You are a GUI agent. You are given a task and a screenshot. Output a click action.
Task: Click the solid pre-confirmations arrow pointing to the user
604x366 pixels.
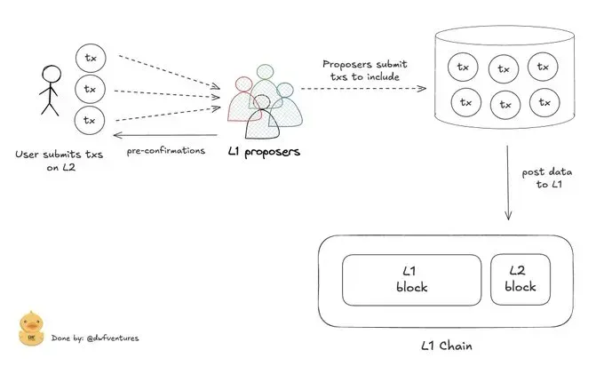pyautogui.click(x=165, y=135)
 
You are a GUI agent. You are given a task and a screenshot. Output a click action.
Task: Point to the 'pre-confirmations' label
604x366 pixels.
pyautogui.click(x=166, y=151)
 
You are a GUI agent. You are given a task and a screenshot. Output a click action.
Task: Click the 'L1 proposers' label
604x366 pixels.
pyautogui.click(x=265, y=152)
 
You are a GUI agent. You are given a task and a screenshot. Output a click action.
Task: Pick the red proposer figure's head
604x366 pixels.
pyautogui.click(x=244, y=84)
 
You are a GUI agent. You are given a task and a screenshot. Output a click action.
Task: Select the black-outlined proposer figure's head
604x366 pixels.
pyautogui.click(x=262, y=102)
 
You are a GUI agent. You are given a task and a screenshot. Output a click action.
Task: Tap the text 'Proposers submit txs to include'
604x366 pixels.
pyautogui.click(x=365, y=70)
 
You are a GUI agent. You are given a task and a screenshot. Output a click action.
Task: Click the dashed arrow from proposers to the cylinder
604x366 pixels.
pyautogui.click(x=363, y=89)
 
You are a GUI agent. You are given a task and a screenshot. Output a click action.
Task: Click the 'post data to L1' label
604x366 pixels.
pyautogui.click(x=547, y=178)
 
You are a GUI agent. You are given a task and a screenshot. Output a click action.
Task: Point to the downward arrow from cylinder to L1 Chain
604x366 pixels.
pyautogui.click(x=508, y=183)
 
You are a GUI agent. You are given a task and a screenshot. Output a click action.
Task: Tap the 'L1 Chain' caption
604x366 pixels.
pyautogui.click(x=447, y=346)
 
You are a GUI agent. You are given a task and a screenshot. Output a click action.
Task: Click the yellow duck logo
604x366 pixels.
pyautogui.click(x=31, y=328)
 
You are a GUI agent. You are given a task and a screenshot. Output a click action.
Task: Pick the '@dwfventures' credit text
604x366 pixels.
pyautogui.click(x=113, y=338)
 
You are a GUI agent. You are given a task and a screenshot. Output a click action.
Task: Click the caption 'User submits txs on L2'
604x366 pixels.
pyautogui.click(x=60, y=161)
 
